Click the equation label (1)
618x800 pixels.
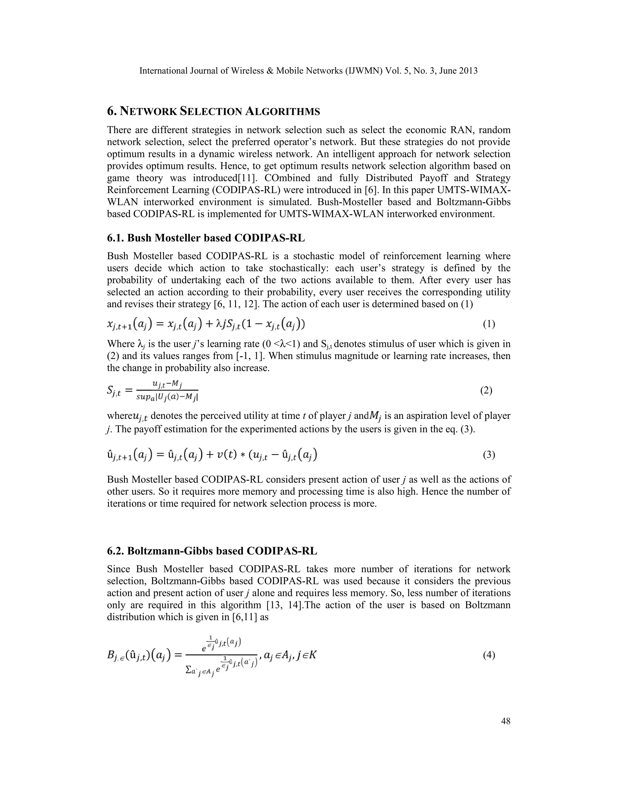pos(489,324)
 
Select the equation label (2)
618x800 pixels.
pos(486,390)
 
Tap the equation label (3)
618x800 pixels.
pos(489,455)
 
